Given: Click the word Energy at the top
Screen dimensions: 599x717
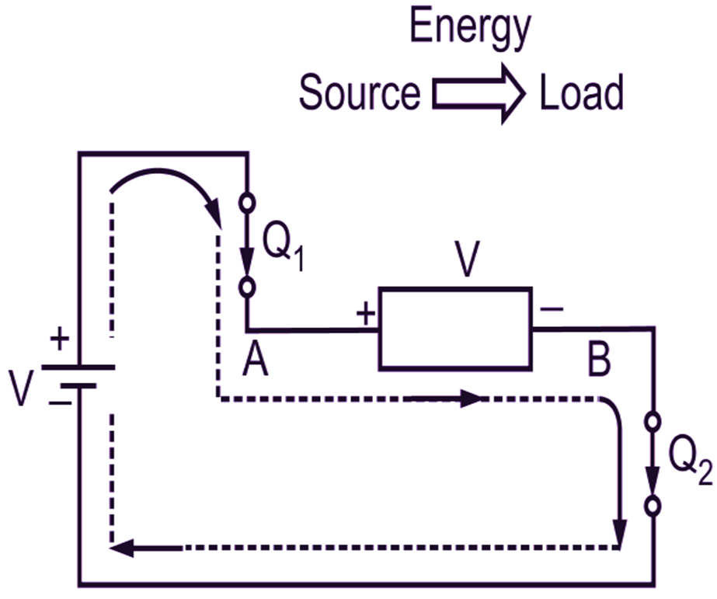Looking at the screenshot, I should (x=469, y=29).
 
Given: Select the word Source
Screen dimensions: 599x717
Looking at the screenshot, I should (x=360, y=93).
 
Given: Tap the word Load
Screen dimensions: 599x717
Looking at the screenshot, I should (x=582, y=93).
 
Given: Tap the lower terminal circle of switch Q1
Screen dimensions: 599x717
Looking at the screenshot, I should (x=247, y=287).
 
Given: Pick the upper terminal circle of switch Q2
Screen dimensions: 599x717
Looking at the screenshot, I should (x=653, y=423).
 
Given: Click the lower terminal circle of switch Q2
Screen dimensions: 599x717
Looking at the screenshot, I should (x=653, y=505).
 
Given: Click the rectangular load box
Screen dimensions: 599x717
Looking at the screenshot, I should (x=455, y=329).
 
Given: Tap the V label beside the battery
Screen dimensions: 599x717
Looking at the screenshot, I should (x=24, y=385).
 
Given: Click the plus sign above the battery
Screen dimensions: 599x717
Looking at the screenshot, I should (x=59, y=340).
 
